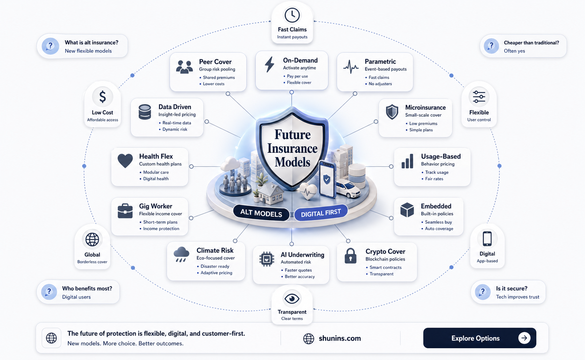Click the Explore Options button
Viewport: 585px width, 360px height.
tap(480, 338)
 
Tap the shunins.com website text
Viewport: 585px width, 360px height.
tap(340, 338)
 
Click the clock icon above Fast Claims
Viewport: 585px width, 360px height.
tap(292, 15)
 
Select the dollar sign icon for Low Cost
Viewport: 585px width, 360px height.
tap(103, 97)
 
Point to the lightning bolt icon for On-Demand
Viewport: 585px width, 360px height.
tap(270, 64)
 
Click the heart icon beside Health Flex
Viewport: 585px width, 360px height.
tap(125, 160)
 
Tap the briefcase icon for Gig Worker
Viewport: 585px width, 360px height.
tap(125, 211)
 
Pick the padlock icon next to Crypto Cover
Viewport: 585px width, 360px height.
tap(350, 256)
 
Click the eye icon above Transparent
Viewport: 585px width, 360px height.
tap(292, 298)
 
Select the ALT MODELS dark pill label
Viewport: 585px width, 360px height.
tap(261, 213)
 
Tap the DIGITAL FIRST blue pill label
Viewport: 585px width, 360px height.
tap(321, 213)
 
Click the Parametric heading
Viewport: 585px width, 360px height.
tap(380, 62)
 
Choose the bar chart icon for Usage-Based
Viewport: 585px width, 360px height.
tap(408, 161)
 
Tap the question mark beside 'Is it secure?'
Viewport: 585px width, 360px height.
tap(483, 292)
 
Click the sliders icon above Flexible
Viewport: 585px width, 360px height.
tap(479, 97)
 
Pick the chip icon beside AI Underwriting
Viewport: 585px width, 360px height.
tap(267, 259)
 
